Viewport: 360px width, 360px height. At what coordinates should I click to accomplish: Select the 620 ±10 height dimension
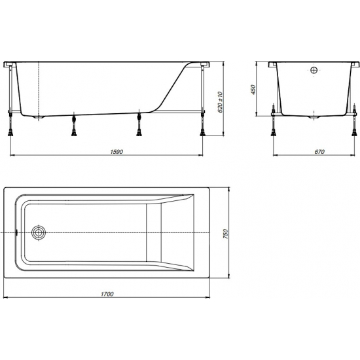tap(221, 100)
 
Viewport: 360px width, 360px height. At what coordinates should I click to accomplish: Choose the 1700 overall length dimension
tap(109, 294)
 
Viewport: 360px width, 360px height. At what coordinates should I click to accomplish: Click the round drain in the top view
tap(40, 232)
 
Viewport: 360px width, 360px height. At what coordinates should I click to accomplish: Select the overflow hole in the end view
tap(314, 70)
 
